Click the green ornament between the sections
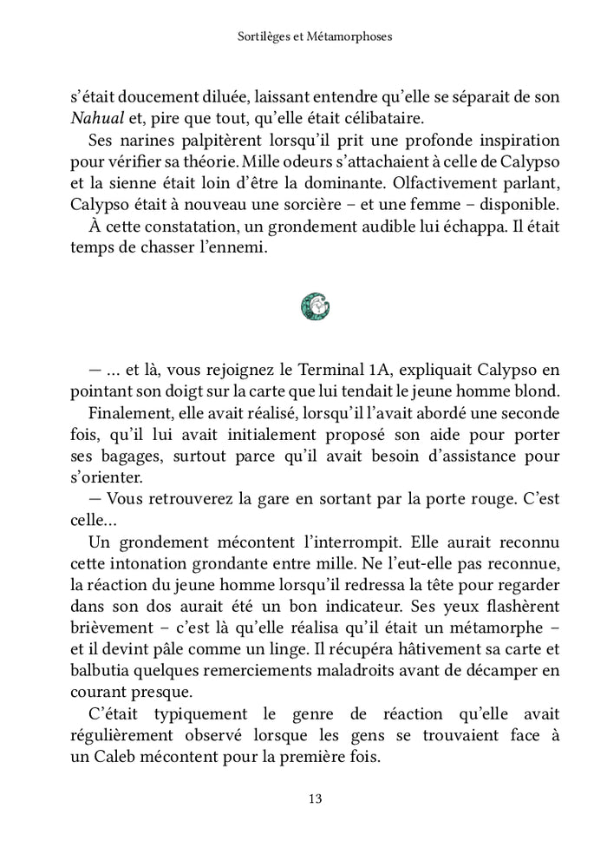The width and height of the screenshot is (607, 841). coord(315,305)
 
